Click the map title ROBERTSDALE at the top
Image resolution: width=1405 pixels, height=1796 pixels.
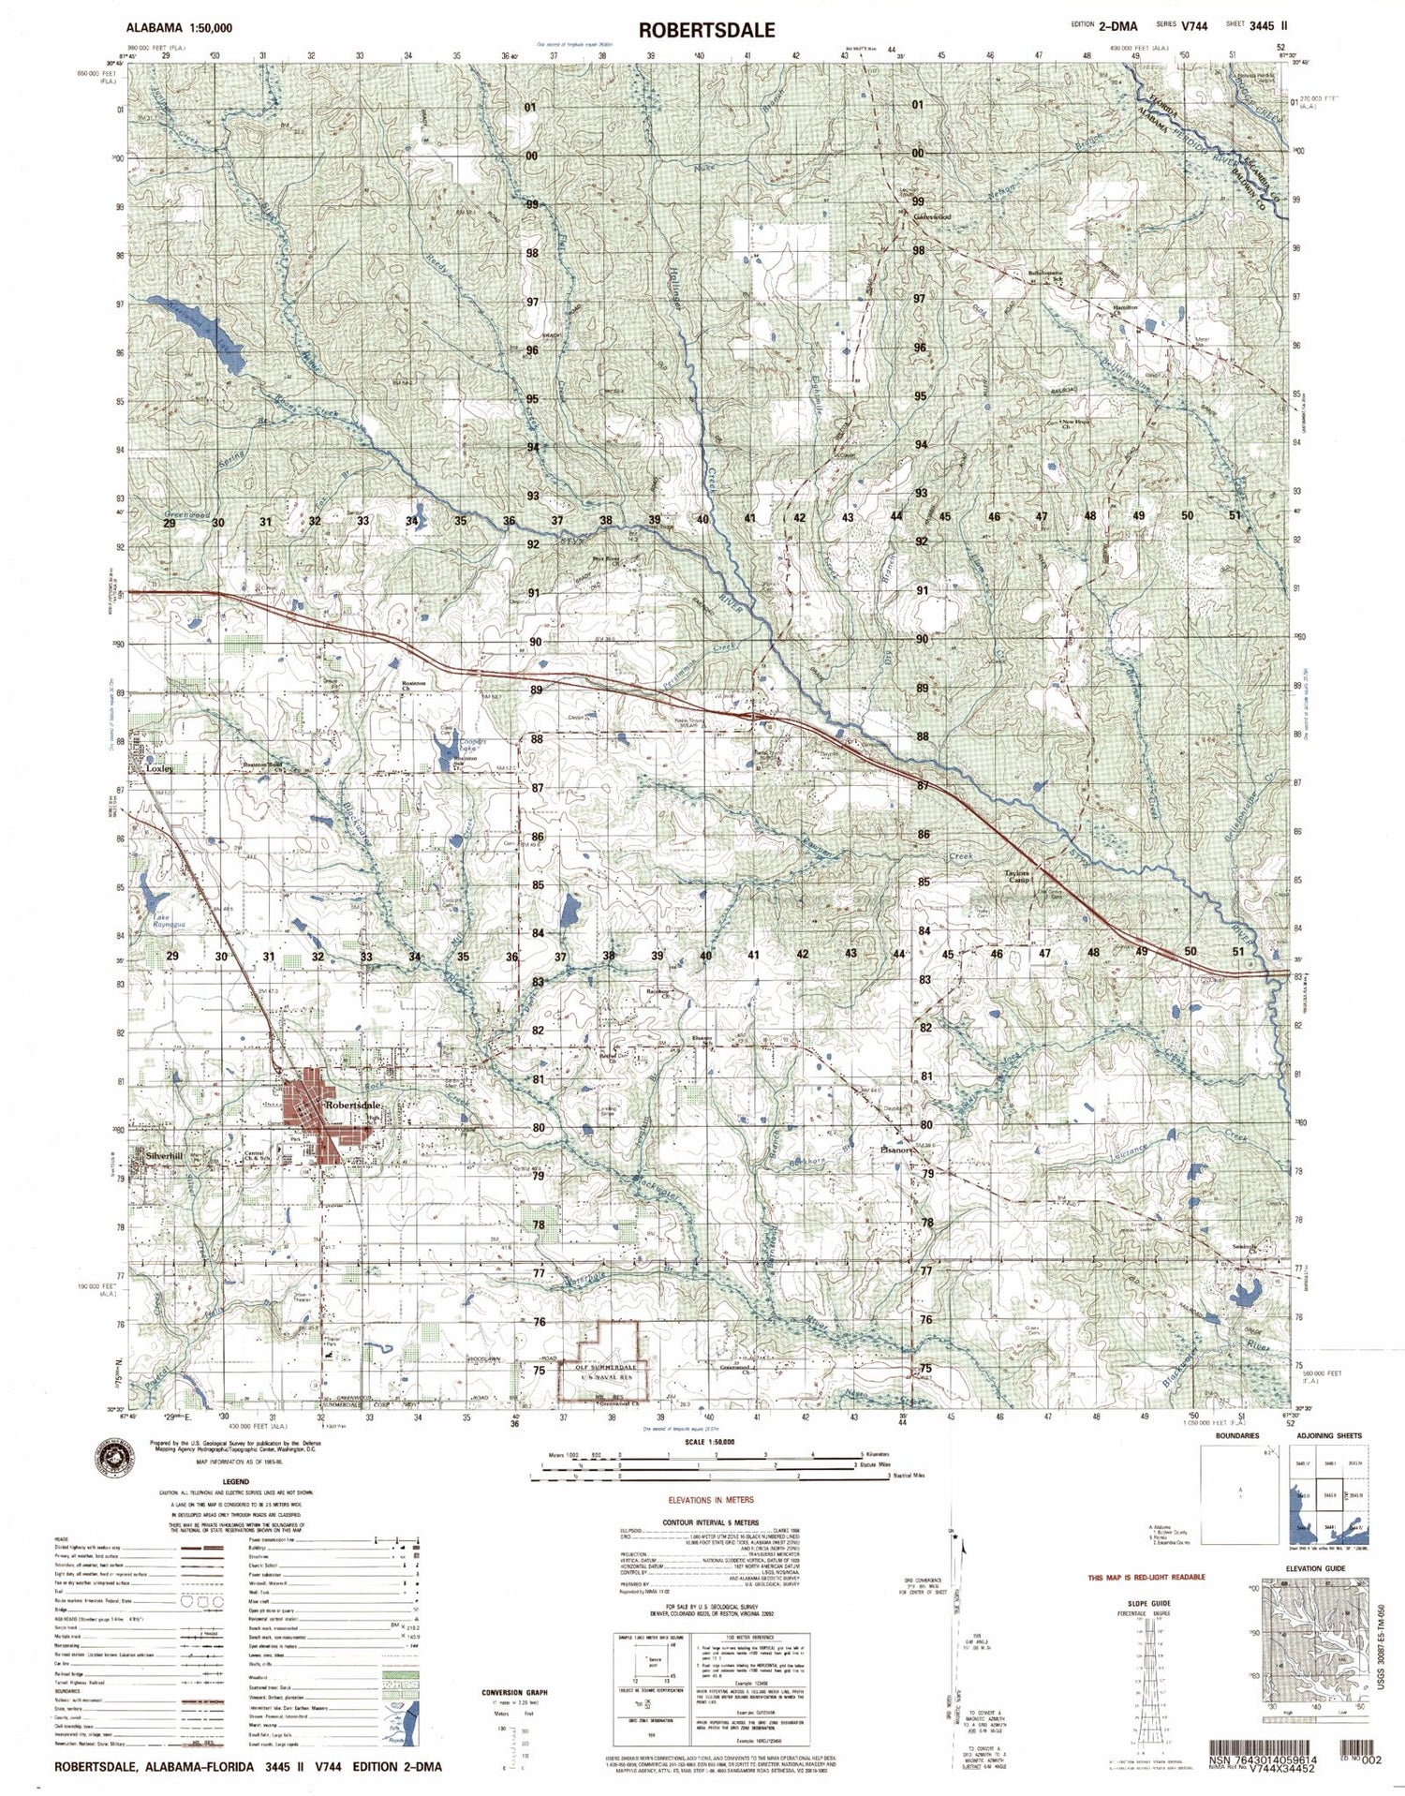(x=706, y=29)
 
